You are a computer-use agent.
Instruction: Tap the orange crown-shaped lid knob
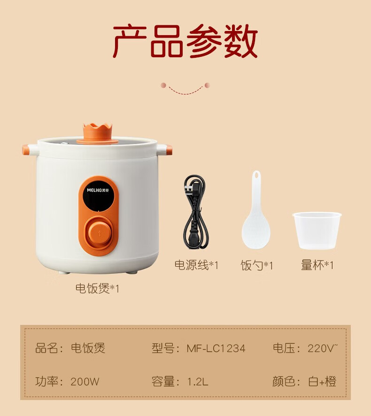point(97,133)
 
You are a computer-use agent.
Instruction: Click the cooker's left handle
point(31,150)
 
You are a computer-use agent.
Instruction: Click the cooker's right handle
point(164,150)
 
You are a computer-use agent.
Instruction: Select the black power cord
point(196,212)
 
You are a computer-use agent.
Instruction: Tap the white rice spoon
point(256,210)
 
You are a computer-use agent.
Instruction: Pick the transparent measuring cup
point(317,230)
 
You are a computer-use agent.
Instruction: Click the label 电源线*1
point(196,265)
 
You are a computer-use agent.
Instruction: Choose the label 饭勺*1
point(256,265)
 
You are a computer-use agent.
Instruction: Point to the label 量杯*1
point(317,265)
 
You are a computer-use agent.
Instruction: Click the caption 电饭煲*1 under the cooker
point(97,288)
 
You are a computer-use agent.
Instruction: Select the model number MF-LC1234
point(216,348)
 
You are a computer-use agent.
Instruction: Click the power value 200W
point(85,382)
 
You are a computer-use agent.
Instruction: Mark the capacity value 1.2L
point(197,382)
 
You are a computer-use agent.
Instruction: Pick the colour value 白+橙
point(322,382)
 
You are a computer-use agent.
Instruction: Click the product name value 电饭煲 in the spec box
point(88,348)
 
